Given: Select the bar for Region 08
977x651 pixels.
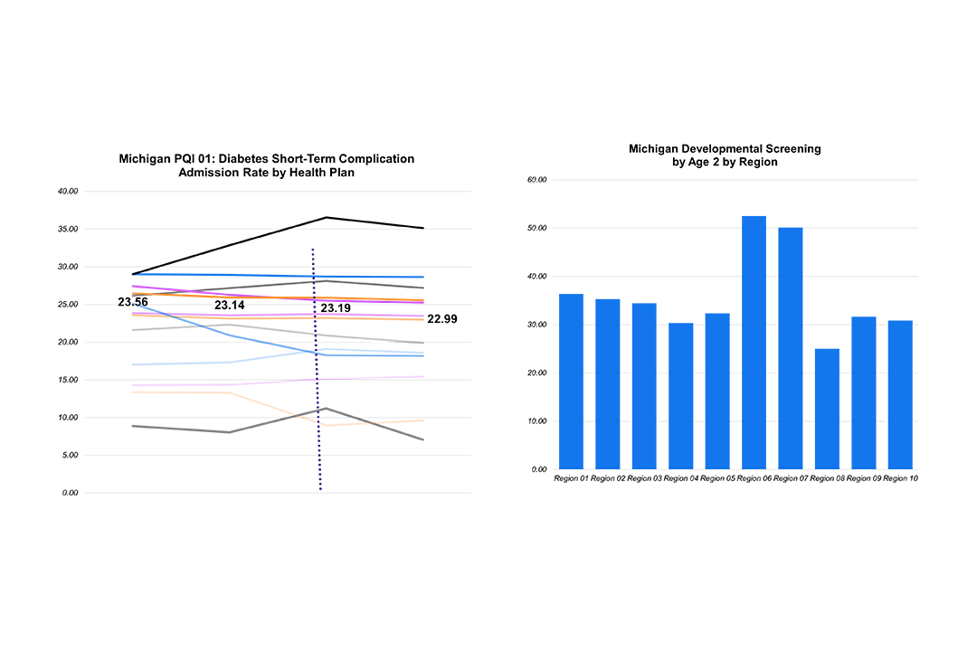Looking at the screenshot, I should click(x=827, y=409).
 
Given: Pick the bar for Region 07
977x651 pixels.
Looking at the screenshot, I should click(x=790, y=348).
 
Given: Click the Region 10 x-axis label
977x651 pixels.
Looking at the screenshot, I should click(x=900, y=478).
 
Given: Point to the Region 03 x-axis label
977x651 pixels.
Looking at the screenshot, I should click(x=644, y=478).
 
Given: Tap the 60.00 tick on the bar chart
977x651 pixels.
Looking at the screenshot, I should click(x=537, y=180).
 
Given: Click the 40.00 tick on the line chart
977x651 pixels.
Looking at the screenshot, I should click(x=68, y=192).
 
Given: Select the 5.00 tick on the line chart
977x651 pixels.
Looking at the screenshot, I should click(x=70, y=456).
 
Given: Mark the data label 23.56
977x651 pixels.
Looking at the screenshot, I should click(x=133, y=302).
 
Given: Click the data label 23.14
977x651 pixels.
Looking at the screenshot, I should click(x=230, y=306).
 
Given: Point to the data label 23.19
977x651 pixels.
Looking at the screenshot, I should click(x=336, y=308).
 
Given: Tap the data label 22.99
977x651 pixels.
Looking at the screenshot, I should click(x=441, y=318).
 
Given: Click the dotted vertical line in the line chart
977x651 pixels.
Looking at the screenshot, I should click(x=317, y=407).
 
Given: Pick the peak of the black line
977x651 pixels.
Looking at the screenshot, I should click(x=326, y=217).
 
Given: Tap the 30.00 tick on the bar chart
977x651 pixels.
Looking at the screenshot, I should click(x=537, y=325).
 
